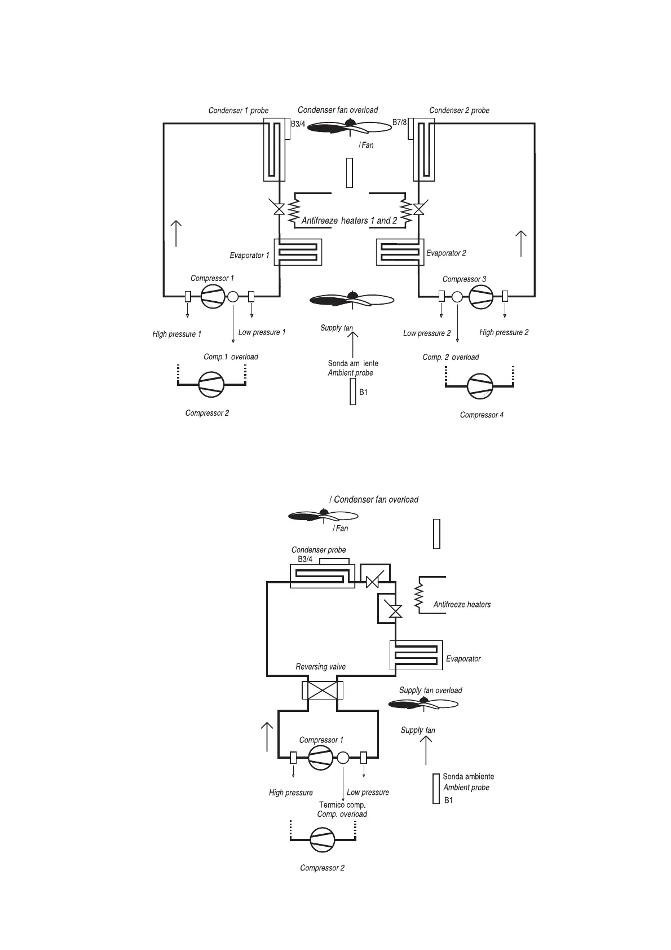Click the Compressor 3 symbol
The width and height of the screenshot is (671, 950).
coord(481,296)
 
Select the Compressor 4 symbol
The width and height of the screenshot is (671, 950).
coord(480,386)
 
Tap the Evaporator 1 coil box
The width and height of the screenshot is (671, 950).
coord(298,252)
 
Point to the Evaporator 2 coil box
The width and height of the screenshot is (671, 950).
coord(400,252)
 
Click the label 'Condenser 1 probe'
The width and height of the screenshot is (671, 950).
coord(239,111)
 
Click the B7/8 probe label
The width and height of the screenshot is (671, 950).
coord(399,122)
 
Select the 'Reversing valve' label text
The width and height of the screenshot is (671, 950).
coord(320,667)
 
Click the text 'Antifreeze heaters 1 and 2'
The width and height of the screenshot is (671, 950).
coord(349,221)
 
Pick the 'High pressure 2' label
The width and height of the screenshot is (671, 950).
coord(504,332)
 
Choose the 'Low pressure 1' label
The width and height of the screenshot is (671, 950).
coord(262,332)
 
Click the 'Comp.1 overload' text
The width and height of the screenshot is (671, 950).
coord(231,357)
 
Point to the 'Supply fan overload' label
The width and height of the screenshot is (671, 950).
coord(430,690)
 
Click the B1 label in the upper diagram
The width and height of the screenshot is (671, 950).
coord(364,392)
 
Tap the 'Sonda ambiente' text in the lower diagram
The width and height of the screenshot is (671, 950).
coord(468,777)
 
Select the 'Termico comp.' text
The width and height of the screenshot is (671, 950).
coord(342,805)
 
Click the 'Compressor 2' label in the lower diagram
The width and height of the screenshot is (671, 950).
coord(322,868)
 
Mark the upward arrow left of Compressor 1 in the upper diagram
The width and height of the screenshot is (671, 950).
coord(176,233)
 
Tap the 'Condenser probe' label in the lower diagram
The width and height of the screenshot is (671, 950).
coord(319,550)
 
